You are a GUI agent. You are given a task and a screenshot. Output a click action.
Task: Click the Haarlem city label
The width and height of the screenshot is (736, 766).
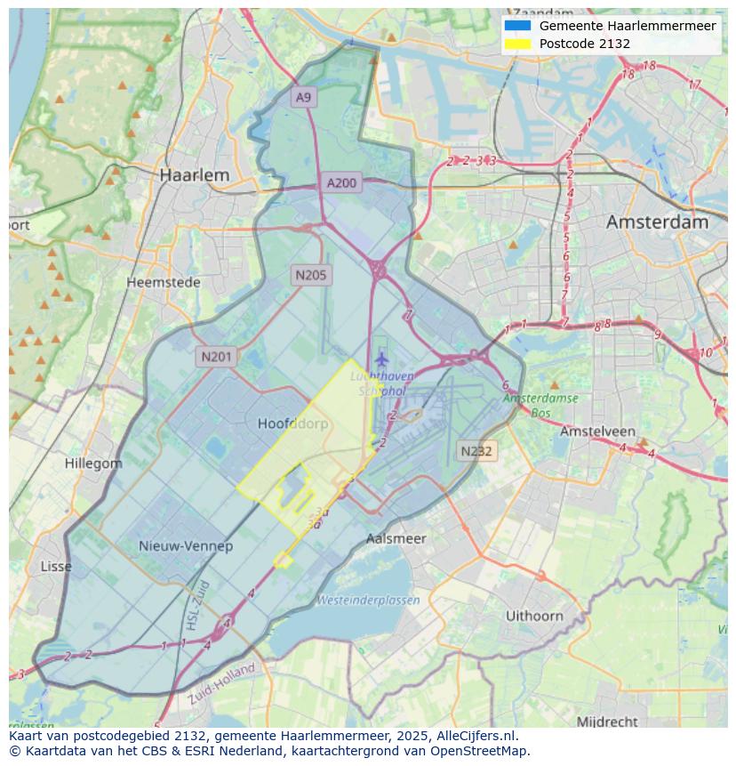[194, 175]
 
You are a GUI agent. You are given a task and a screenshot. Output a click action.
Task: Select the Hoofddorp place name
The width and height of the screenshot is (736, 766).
[292, 424]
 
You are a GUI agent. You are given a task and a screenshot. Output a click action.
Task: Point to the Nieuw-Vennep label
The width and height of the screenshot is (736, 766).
[186, 545]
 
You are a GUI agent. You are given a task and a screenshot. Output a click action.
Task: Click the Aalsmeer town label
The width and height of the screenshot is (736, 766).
[396, 538]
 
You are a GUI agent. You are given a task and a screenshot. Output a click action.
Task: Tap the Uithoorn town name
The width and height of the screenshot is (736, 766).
[534, 615]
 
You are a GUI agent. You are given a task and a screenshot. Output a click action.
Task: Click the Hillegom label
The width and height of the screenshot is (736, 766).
[93, 464]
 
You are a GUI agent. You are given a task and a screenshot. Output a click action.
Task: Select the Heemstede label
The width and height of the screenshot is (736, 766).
[164, 282]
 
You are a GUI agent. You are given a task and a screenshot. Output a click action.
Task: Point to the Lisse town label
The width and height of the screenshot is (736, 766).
[57, 566]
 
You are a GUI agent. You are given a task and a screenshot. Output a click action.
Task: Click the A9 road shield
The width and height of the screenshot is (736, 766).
[304, 97]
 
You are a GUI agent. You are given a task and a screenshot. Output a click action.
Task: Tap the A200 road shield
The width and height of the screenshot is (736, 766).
[341, 183]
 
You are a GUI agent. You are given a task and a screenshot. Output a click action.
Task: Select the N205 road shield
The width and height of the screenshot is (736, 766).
[310, 275]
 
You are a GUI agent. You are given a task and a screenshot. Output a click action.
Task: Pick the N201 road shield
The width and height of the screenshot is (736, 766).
[216, 357]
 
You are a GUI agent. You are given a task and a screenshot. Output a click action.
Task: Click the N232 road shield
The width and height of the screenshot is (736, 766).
[476, 451]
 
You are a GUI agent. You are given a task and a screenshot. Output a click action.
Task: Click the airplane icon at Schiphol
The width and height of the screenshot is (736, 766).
[381, 359]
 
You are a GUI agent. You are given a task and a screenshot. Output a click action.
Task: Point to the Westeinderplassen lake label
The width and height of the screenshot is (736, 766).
[368, 600]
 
